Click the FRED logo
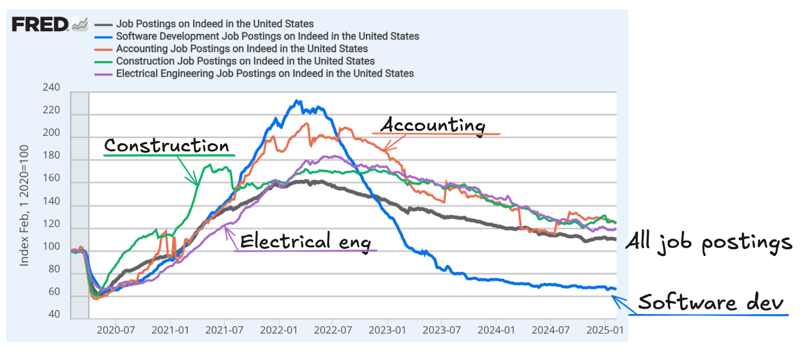[x=40, y=24]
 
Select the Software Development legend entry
[x=267, y=36]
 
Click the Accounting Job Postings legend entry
[x=241, y=48]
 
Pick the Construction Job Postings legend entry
[x=245, y=61]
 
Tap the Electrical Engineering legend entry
[x=264, y=73]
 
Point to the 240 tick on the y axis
[x=51, y=87]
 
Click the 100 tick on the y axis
[x=51, y=246]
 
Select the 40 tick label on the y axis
[x=54, y=314]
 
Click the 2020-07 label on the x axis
[x=115, y=330]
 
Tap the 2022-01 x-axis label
[x=278, y=330]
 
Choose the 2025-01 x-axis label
[x=605, y=330]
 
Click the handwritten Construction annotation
[x=166, y=145]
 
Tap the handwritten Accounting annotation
[x=433, y=125]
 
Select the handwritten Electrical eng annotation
[x=305, y=241]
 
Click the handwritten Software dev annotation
[x=710, y=302]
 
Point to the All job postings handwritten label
[x=709, y=242]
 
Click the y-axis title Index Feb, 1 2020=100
[x=24, y=205]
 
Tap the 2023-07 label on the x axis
[x=441, y=330]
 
